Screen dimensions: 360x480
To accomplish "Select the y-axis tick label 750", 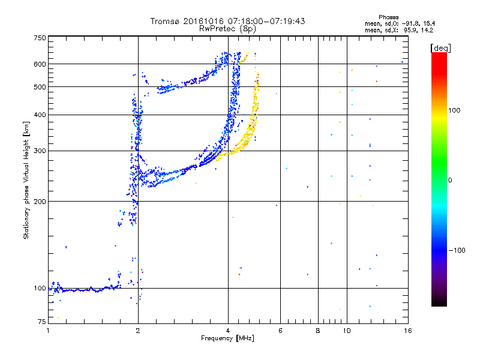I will tap(40, 38).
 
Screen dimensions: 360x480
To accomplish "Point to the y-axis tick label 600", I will tap(40, 64).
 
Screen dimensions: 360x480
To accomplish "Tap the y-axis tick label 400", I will tap(40, 115).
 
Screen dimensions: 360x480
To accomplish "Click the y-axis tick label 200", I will tap(40, 202).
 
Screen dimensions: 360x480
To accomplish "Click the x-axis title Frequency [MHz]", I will tap(227, 339).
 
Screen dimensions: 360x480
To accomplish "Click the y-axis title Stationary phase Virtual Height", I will tap(26, 180).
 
